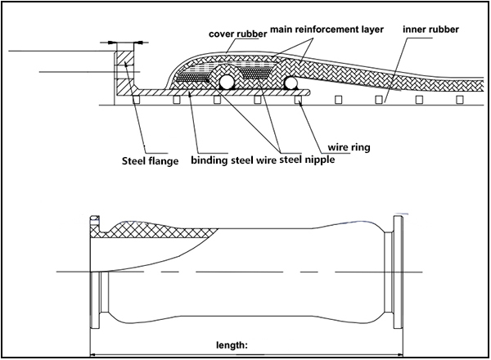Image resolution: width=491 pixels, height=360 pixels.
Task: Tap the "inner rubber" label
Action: click(430, 29)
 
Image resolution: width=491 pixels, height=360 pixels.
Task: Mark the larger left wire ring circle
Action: click(227, 82)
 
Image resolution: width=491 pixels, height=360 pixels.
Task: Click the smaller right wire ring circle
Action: click(291, 83)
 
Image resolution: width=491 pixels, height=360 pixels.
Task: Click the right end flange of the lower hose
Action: click(399, 270)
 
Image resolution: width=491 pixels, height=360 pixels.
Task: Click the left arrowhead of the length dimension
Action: click(93, 354)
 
